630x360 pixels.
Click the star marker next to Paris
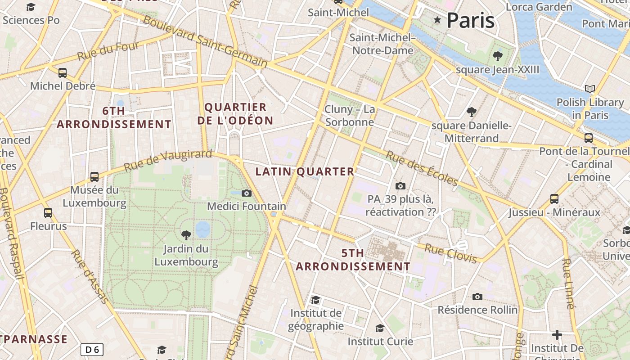click(437, 20)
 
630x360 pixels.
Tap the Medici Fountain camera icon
click(246, 193)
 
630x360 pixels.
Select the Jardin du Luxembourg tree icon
click(186, 235)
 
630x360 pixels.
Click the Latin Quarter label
click(305, 171)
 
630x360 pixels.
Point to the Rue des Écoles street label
click(422, 168)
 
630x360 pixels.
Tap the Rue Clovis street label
click(450, 253)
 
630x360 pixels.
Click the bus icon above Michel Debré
click(63, 72)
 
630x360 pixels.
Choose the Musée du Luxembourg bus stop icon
click(94, 177)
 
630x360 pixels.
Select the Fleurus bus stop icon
click(48, 212)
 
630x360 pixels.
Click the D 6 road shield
click(92, 349)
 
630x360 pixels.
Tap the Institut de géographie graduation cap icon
click(316, 300)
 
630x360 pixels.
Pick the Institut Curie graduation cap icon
click(380, 328)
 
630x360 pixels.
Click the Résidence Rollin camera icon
click(477, 297)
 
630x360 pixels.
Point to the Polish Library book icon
click(589, 89)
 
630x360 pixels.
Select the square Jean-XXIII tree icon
click(497, 56)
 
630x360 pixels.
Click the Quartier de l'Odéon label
click(235, 114)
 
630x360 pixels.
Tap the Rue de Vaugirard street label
click(167, 160)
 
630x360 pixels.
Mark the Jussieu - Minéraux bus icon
click(554, 198)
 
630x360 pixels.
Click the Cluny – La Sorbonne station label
click(350, 116)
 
